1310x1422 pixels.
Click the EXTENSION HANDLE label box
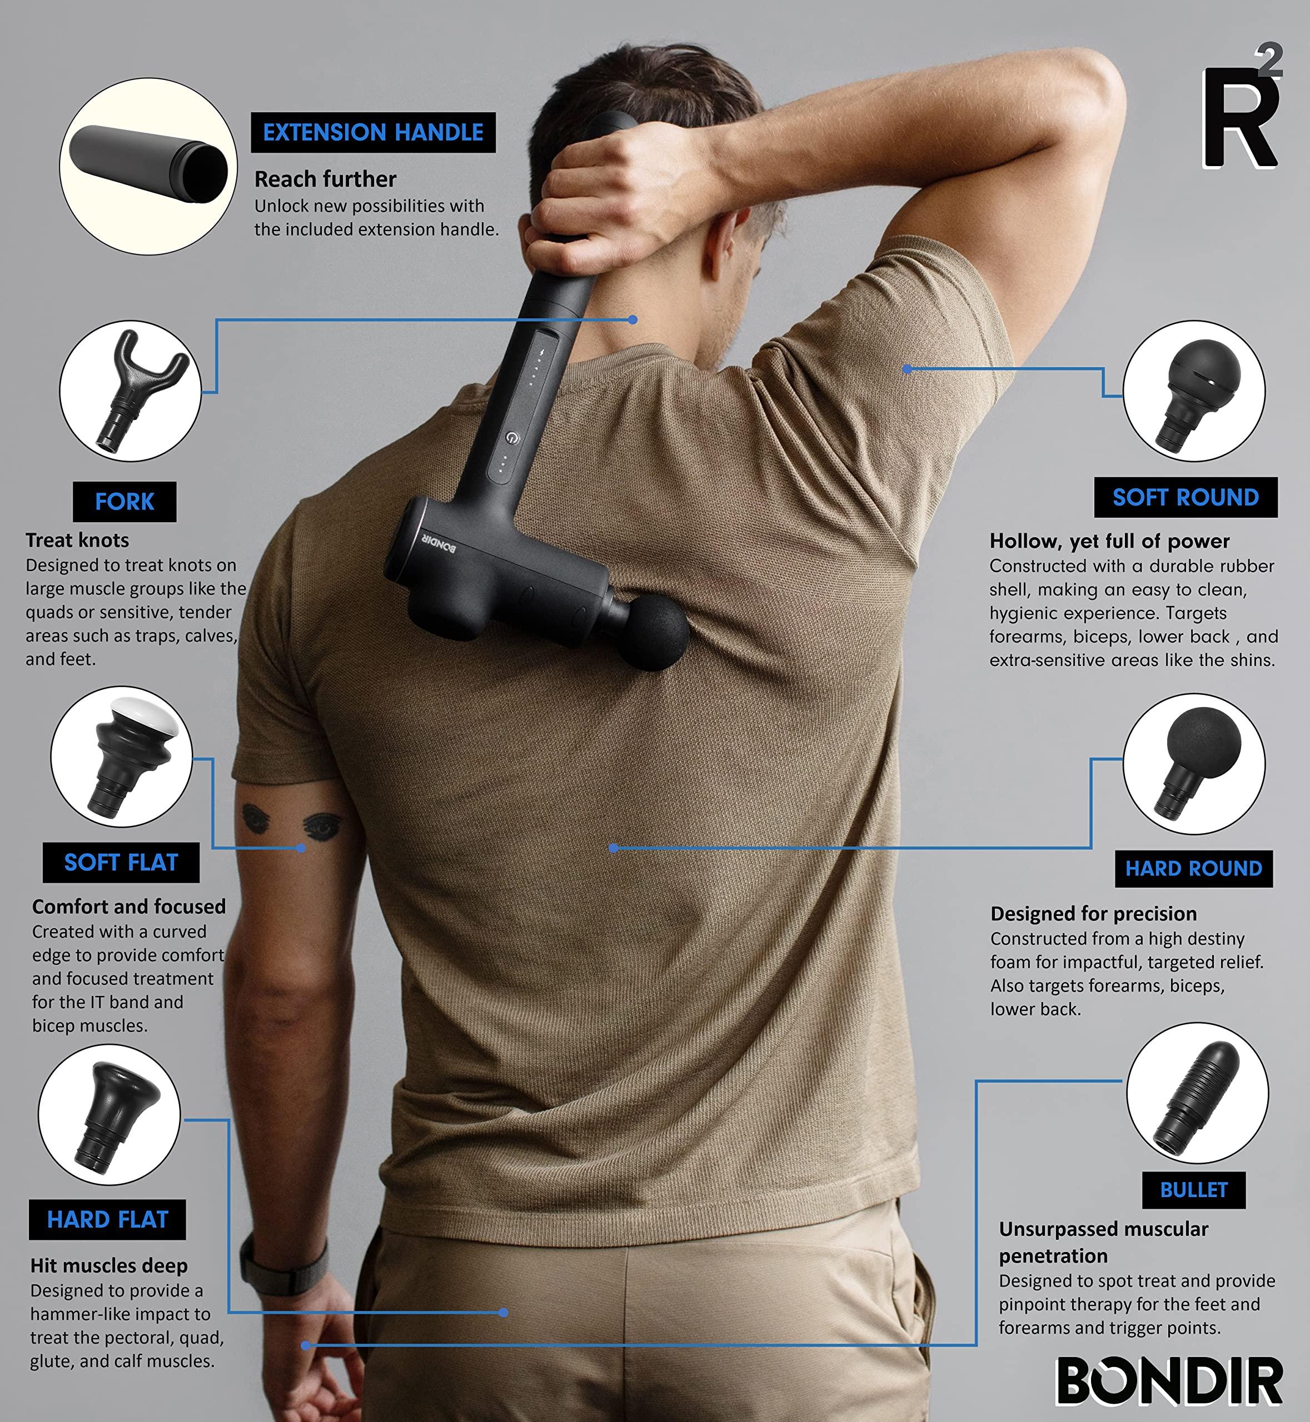point(373,133)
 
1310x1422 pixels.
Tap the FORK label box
point(124,502)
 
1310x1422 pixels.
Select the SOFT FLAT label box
point(121,862)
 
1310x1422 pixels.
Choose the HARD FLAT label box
point(108,1219)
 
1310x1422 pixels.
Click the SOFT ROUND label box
point(1186,497)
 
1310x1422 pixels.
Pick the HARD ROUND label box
point(1194,869)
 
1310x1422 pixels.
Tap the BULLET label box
point(1194,1190)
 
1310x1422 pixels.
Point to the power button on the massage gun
point(512,439)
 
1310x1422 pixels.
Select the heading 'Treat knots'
point(77,540)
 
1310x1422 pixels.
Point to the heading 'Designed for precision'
point(1094,913)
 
